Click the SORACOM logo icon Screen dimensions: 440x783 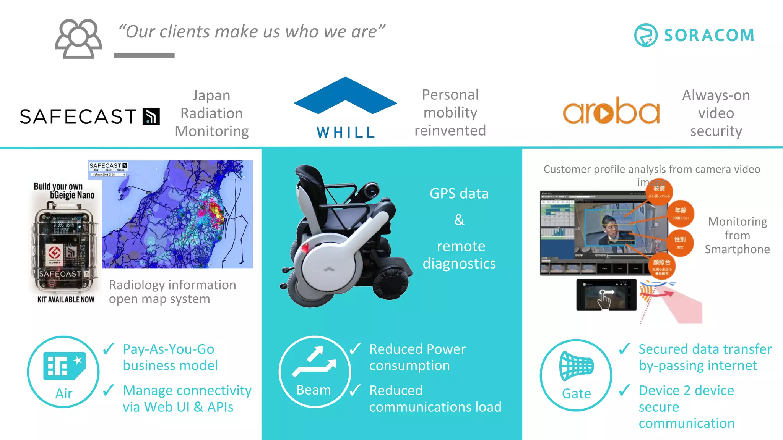pos(645,35)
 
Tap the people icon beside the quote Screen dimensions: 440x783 pos(78,39)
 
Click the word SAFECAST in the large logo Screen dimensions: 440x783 pos(78,116)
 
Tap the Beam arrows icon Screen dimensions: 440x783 pos(314,361)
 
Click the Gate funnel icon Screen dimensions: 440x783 pos(576,366)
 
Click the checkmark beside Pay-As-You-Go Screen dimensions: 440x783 pos(109,348)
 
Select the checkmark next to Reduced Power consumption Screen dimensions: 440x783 pos(355,348)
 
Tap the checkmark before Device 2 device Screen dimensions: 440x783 pos(624,390)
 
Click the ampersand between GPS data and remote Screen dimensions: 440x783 pos(459,220)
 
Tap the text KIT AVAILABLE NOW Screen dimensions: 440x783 pos(66,300)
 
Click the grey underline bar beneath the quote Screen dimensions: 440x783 pos(144,56)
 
